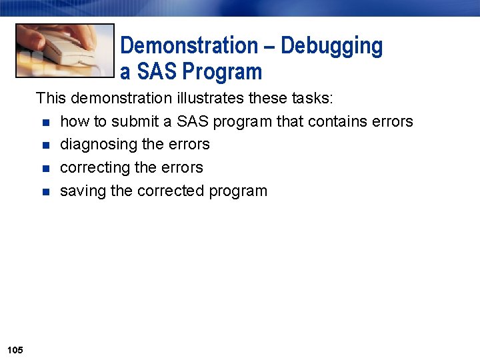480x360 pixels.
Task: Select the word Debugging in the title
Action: (331, 46)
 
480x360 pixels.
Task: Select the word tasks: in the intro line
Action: (313, 99)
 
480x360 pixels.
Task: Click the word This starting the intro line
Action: (51, 99)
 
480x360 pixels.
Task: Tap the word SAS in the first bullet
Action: (192, 121)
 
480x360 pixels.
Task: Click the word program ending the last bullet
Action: (238, 191)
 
